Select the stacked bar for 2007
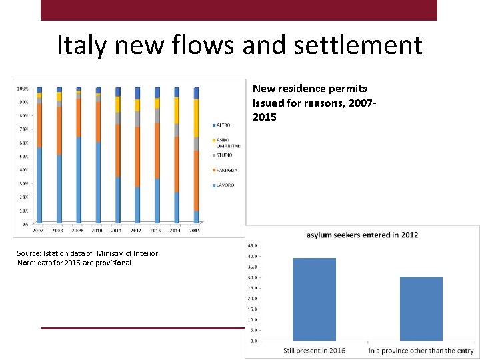pos(39,157)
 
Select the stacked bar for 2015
pos(196,157)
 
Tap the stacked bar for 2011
pos(118,157)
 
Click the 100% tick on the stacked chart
pos(22,89)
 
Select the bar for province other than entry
pos(421,309)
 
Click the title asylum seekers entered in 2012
pos(362,235)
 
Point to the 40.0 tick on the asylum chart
pos(253,256)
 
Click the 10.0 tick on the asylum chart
pos(253,319)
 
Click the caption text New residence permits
pos(309,88)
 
